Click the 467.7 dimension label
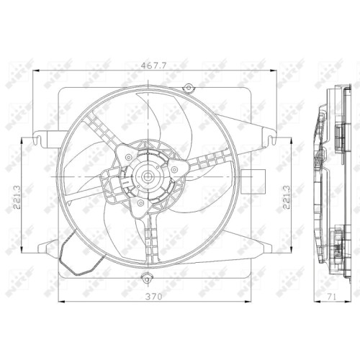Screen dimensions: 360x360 pyautogui.click(x=153, y=66)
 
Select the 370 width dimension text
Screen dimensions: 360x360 pyautogui.click(x=154, y=297)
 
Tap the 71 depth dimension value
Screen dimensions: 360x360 pyautogui.click(x=331, y=297)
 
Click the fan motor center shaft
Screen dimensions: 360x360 pyautogui.click(x=147, y=177)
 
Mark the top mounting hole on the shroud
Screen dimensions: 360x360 pyautogui.click(x=189, y=88)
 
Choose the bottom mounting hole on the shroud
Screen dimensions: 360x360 pyautogui.click(x=147, y=279)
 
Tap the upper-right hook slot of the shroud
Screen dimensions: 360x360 pyautogui.click(x=271, y=140)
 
